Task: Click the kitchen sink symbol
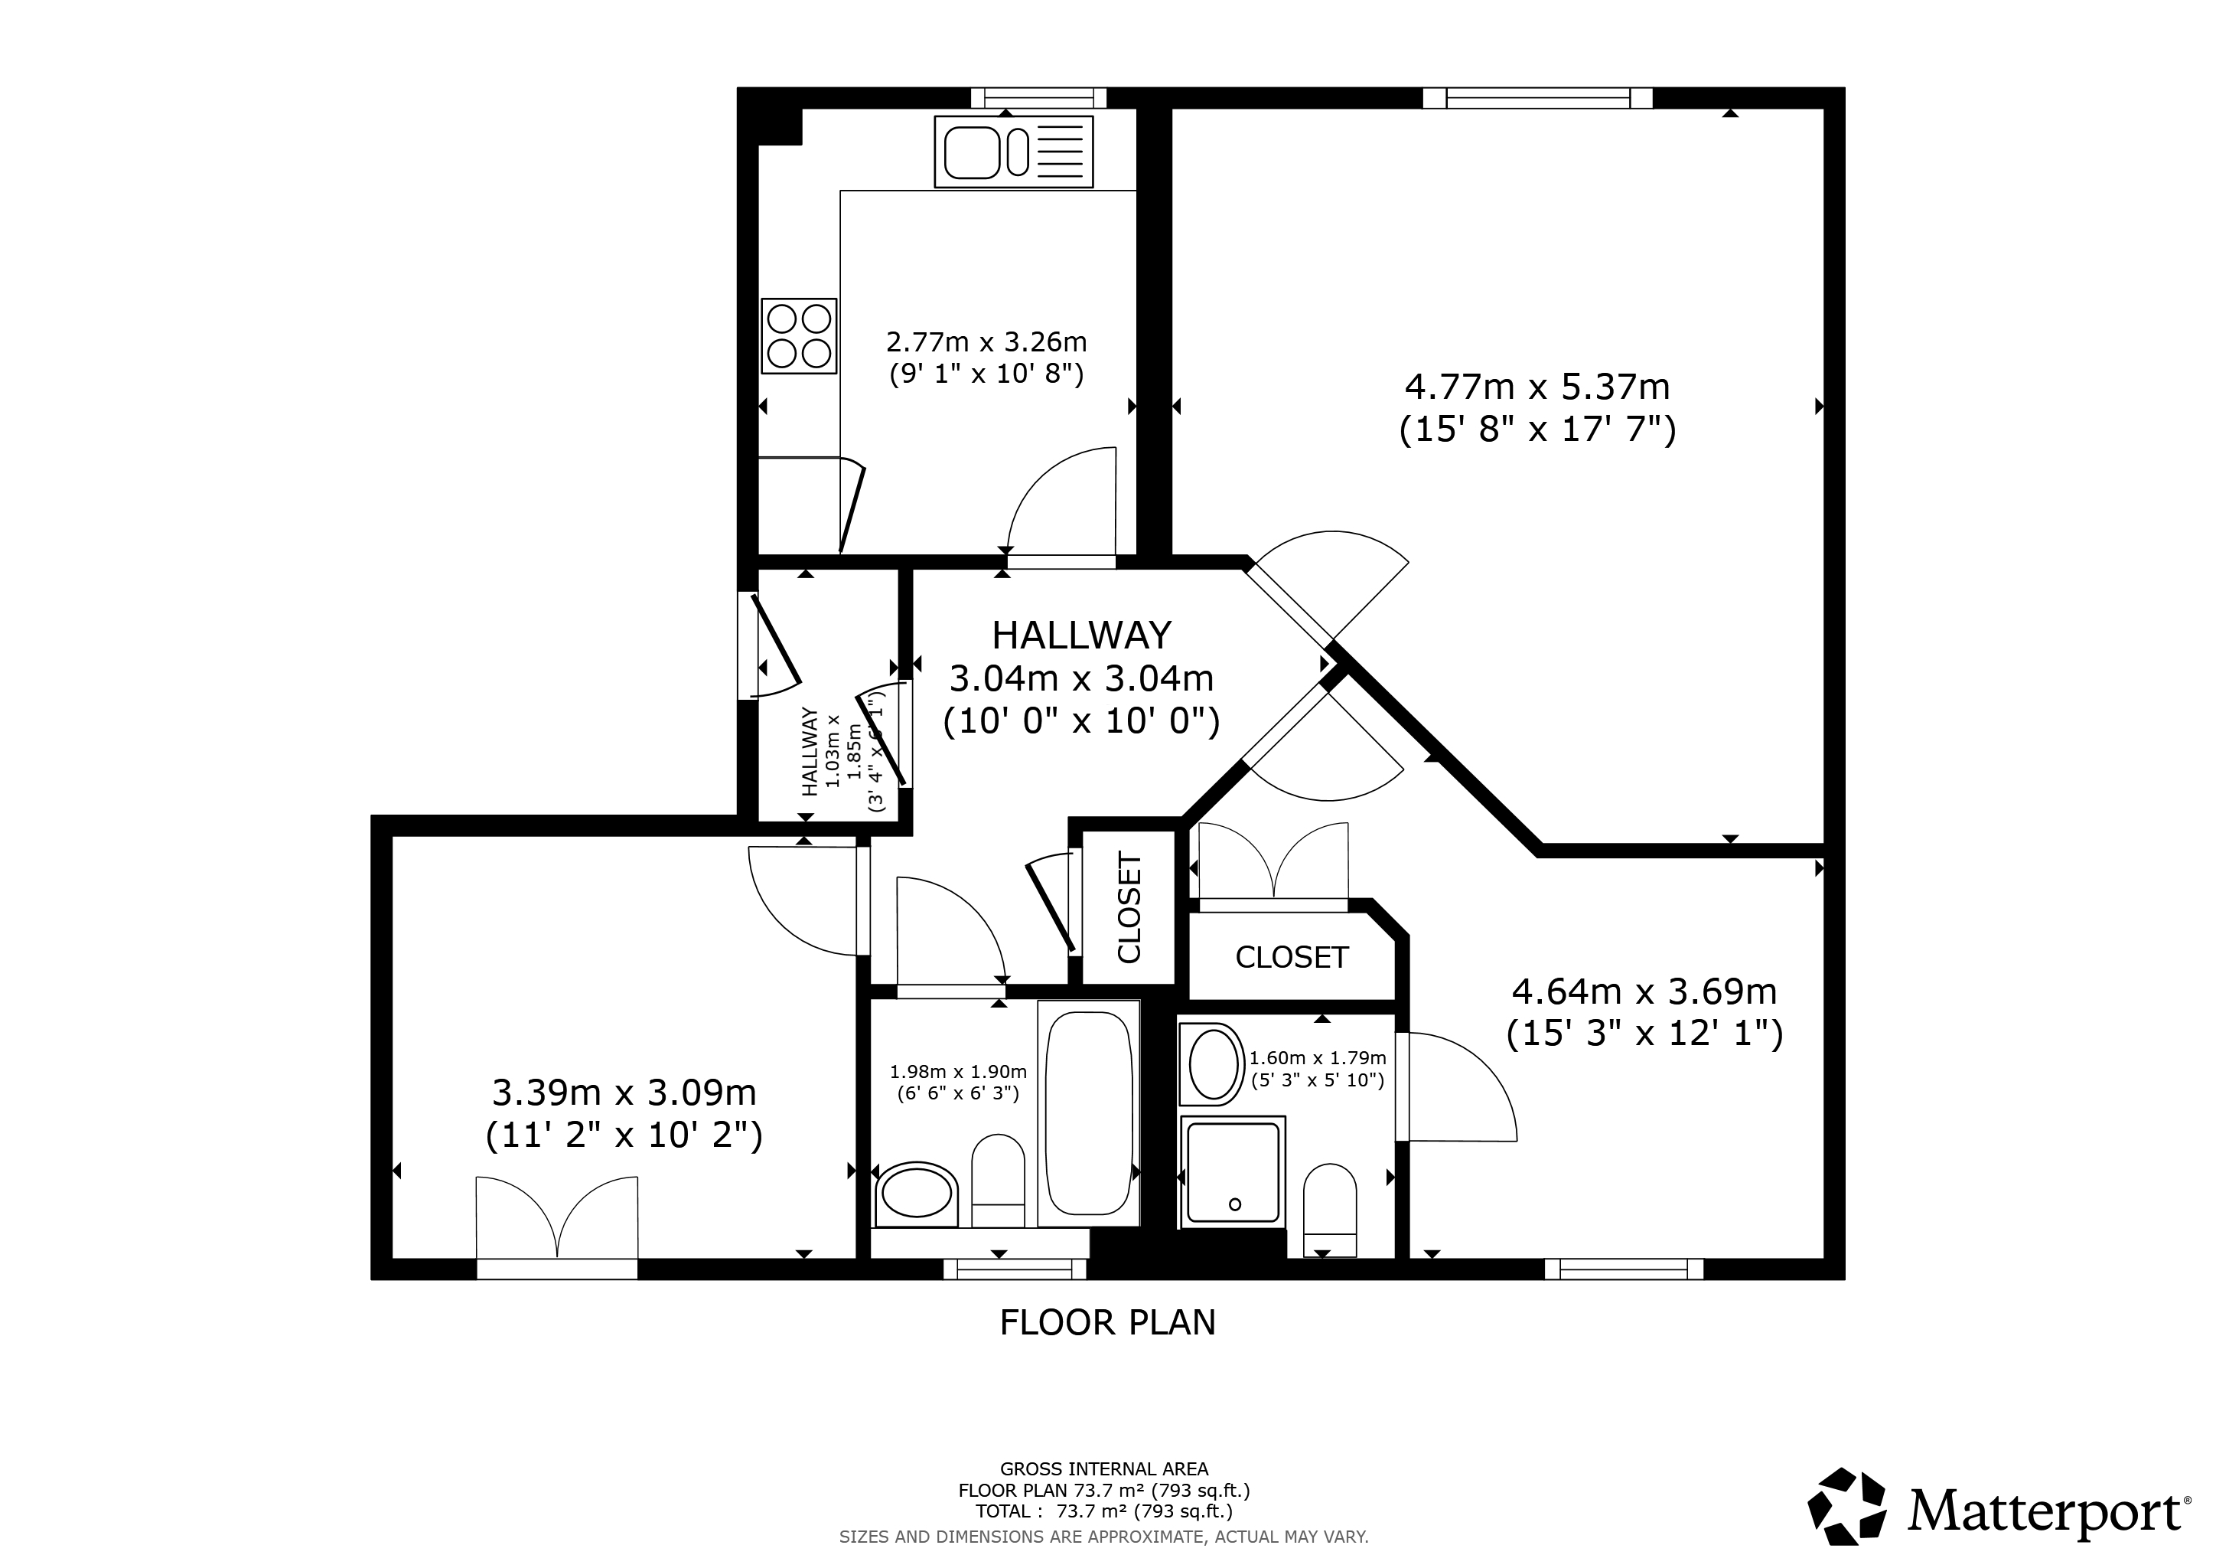1012,152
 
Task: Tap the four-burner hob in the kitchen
798,336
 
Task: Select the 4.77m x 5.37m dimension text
1537,387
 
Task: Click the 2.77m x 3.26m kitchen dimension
986,341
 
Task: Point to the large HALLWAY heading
1081,635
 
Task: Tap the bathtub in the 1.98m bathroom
1089,1112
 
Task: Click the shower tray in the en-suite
1233,1172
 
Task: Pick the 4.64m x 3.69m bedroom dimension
1644,991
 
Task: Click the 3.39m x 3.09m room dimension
624,1093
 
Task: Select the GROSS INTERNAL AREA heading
1103,1469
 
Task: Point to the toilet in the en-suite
1329,1210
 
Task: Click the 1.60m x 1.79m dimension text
1318,1058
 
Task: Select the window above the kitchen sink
1038,97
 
